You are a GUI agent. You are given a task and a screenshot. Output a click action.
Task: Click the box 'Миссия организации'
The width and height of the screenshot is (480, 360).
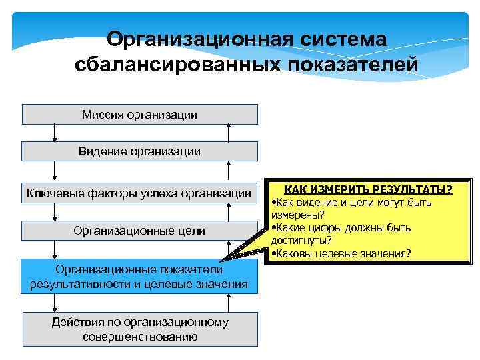coord(140,115)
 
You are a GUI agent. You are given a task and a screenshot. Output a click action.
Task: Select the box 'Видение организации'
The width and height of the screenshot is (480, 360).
coord(140,151)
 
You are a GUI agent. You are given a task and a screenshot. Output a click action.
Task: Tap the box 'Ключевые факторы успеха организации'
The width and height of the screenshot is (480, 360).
coord(140,194)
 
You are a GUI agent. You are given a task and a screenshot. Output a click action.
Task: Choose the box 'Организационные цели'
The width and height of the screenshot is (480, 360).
coord(140,231)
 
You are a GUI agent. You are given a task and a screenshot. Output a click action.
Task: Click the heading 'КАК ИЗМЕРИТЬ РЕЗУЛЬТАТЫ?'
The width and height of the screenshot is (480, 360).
coord(363,190)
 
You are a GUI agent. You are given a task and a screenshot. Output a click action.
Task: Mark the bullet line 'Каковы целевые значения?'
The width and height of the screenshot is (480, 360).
coord(343,253)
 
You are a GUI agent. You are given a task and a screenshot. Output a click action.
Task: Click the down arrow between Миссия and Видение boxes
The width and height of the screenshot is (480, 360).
coord(54,133)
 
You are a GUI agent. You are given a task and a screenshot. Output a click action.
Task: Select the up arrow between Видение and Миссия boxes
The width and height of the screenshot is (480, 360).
coord(229,133)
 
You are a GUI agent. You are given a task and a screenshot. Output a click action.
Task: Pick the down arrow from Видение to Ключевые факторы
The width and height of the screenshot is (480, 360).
coord(54,171)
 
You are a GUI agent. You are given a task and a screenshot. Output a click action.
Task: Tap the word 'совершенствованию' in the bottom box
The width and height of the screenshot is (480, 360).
coord(140,337)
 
